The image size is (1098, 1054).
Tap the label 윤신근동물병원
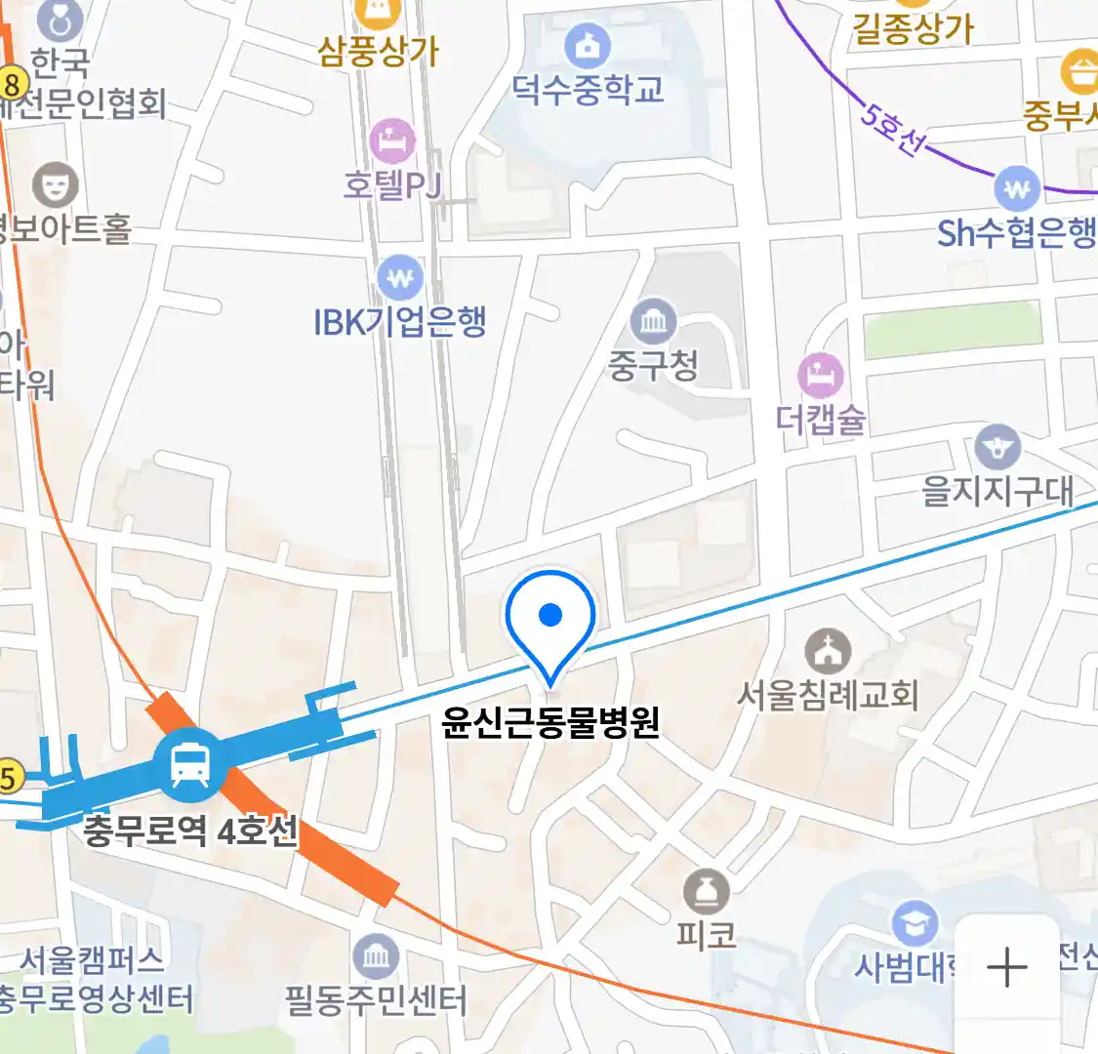coord(550,722)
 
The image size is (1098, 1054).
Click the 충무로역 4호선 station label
coord(190,832)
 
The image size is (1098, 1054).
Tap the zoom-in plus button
coord(1006,967)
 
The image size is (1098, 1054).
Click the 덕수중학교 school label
coord(589,89)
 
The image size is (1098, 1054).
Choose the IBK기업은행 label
coord(400,321)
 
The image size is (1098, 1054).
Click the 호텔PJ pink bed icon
coord(392,141)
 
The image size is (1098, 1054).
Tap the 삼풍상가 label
coord(379,51)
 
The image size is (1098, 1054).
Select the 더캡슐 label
coord(821,420)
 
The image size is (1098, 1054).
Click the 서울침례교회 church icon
coord(828,651)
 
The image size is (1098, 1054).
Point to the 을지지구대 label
coord(997,490)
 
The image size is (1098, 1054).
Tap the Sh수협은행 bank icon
coord(1017,187)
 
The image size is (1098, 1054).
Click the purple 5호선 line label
coord(890,128)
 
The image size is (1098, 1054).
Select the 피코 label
coord(706,936)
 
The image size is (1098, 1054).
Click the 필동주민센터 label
coord(376,1000)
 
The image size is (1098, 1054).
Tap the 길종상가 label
coord(914,28)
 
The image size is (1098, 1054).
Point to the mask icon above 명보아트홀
coord(56,183)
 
